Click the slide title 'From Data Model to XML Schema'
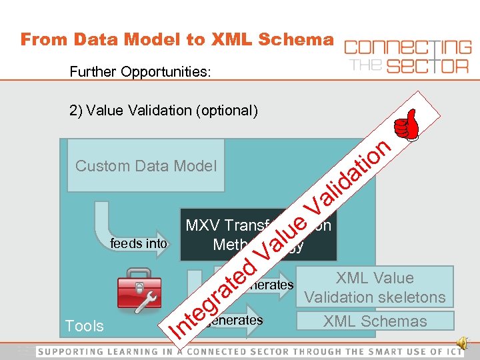pos(176,39)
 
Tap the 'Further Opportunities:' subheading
pos(140,71)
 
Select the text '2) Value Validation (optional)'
pos(163,111)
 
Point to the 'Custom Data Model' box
pos(146,166)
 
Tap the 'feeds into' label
pos(139,244)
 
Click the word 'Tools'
pos(84,326)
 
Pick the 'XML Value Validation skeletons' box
pos(375,287)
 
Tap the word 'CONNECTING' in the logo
pos(407,48)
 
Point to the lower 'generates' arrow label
pos(237,320)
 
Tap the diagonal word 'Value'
pos(283,233)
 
